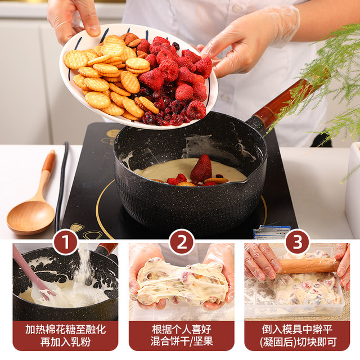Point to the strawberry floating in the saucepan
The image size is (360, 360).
pyautogui.click(x=201, y=168)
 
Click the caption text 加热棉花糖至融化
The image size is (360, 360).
pyautogui.click(x=66, y=329)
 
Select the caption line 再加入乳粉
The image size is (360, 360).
pyautogui.click(x=66, y=341)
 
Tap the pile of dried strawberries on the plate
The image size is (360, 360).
pyautogui.click(x=174, y=79)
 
